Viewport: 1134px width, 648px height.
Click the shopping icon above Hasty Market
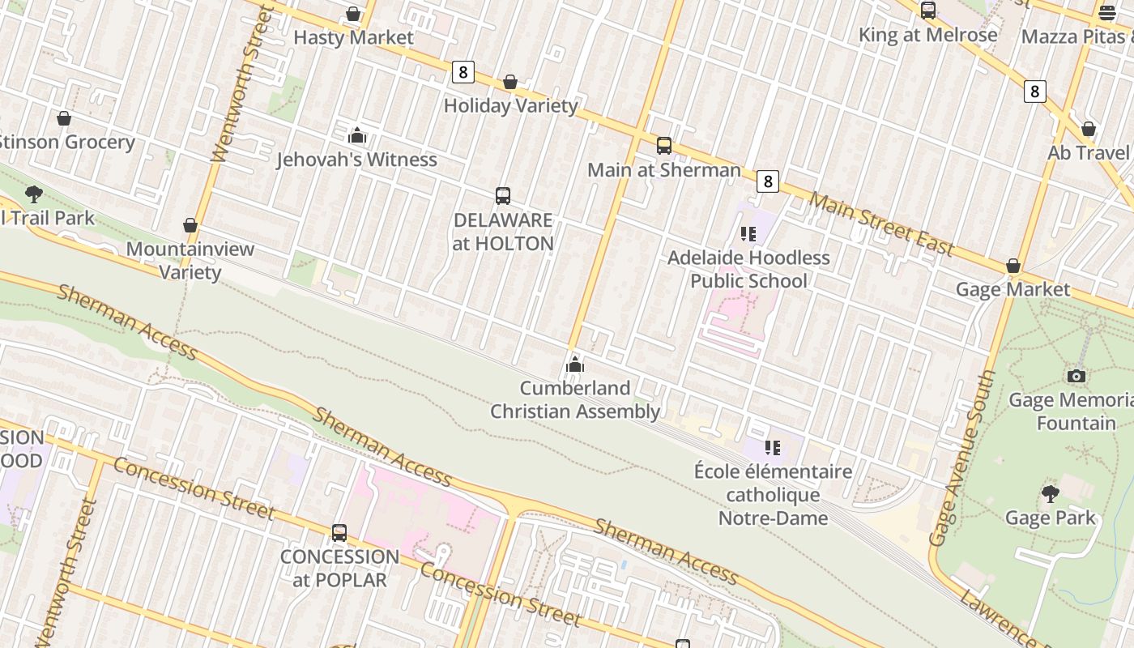(353, 14)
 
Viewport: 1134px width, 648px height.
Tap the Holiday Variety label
(510, 105)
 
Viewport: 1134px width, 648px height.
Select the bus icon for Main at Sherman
(664, 146)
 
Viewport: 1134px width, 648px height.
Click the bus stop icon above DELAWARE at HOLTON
(503, 196)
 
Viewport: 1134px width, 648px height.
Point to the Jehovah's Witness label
(356, 160)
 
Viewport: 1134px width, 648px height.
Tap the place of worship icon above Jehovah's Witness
(357, 135)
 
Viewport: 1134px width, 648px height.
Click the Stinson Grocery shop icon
(64, 119)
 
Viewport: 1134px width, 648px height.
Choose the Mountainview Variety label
(190, 260)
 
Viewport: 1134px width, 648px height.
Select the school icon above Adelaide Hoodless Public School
(748, 234)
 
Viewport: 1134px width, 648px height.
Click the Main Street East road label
(881, 224)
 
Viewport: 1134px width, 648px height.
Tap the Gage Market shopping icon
(1013, 266)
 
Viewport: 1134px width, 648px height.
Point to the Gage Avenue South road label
(963, 458)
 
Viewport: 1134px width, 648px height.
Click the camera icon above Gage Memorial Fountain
(1076, 376)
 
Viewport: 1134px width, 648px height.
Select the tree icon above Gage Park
(1051, 493)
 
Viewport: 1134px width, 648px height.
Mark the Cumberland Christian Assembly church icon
(575, 365)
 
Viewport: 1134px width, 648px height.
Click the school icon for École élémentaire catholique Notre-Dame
(773, 447)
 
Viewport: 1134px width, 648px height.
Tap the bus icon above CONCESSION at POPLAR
(339, 533)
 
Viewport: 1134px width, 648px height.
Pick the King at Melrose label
(927, 35)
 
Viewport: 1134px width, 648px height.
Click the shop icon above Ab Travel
(1089, 130)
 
